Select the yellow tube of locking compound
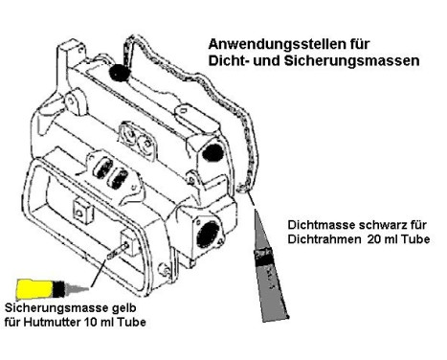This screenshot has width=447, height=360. (34, 287)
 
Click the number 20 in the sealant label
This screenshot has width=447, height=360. (376, 239)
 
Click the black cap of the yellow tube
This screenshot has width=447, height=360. (64, 287)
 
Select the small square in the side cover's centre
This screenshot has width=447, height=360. (76, 204)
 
